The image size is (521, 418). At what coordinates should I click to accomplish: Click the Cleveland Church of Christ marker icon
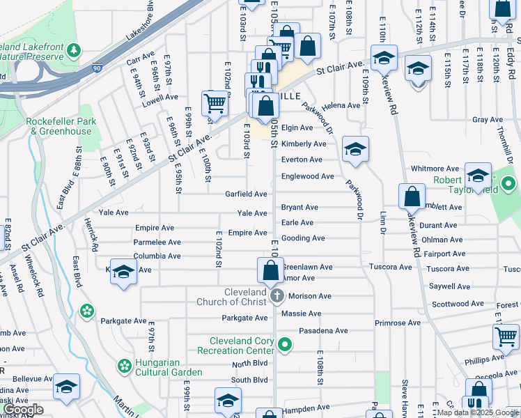(x=277, y=296)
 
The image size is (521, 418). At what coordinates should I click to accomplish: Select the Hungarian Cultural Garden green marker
(x=125, y=366)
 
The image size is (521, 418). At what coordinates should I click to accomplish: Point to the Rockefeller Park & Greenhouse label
(x=59, y=126)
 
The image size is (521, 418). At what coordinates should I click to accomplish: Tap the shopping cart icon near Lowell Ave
(x=215, y=104)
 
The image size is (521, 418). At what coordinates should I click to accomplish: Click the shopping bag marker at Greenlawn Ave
(x=270, y=272)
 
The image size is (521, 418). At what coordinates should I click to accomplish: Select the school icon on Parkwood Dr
(x=355, y=150)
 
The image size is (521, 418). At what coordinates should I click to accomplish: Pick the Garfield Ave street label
(x=246, y=194)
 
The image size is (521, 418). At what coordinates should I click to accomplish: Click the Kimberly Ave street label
(x=304, y=144)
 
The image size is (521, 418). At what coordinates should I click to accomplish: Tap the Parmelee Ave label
(x=157, y=242)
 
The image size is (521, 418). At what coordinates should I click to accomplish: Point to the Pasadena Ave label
(x=322, y=331)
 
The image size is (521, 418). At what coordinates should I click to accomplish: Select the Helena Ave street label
(x=341, y=105)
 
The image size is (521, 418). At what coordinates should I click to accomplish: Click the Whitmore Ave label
(x=435, y=169)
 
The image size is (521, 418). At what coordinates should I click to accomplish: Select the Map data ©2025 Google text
(x=478, y=412)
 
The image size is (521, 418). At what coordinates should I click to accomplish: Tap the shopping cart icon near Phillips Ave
(x=506, y=338)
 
